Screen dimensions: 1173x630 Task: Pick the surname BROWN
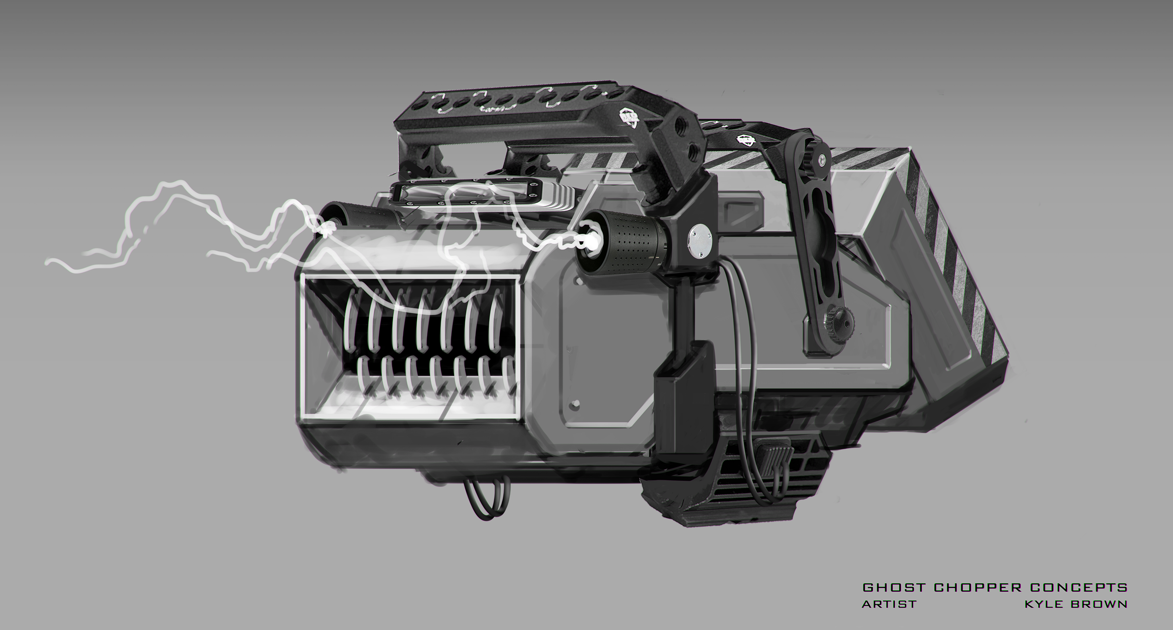(x=1098, y=605)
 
